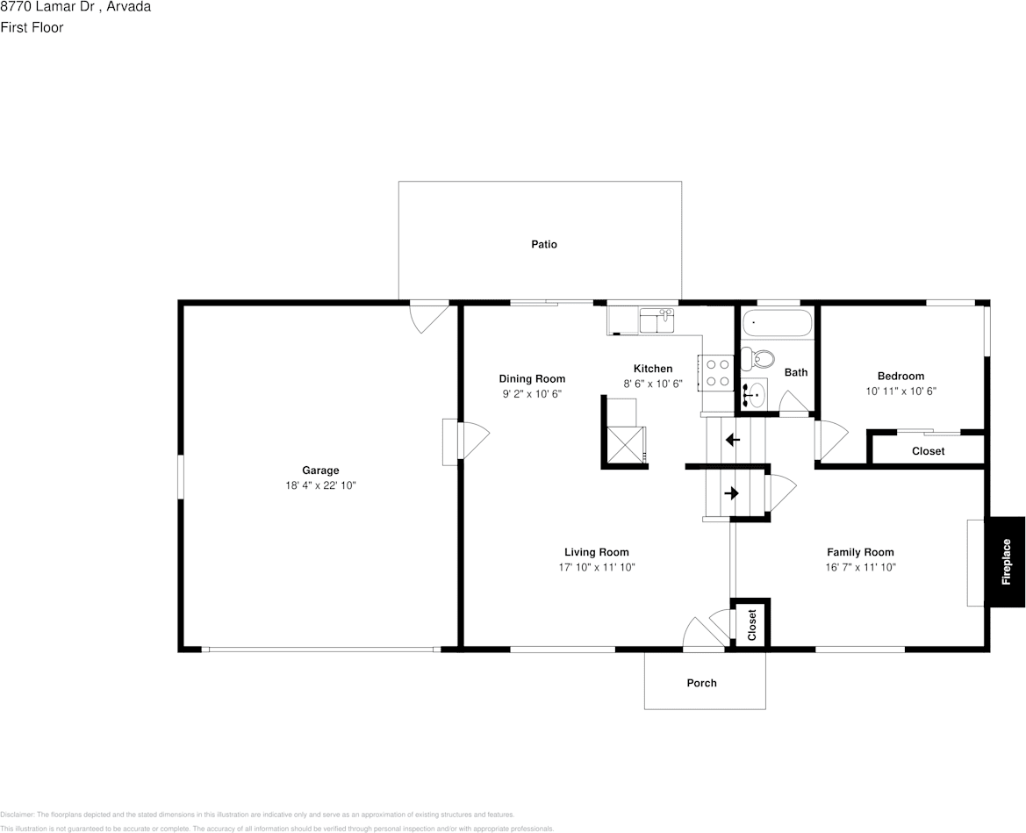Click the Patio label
point(543,244)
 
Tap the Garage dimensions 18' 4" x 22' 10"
point(320,485)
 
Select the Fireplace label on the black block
point(1006,561)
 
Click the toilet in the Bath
point(757,358)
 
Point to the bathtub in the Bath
point(778,324)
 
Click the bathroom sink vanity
point(753,394)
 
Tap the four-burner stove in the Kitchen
point(714,371)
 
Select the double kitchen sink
point(656,320)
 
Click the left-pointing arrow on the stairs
point(732,439)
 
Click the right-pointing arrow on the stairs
point(731,493)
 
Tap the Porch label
point(701,683)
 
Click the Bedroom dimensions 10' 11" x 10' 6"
point(900,391)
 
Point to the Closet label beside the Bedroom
point(928,451)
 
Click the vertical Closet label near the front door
point(752,625)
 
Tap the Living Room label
point(596,552)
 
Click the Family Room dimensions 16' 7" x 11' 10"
point(859,567)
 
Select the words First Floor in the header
point(32,27)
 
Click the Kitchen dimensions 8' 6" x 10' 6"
point(653,384)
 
